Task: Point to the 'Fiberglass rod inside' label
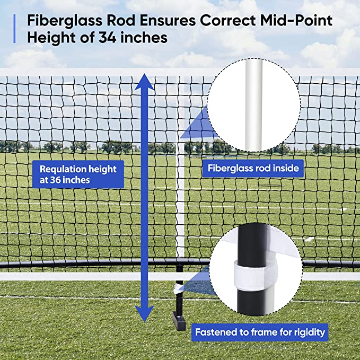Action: [253, 169]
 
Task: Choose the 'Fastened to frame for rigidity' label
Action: [260, 333]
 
